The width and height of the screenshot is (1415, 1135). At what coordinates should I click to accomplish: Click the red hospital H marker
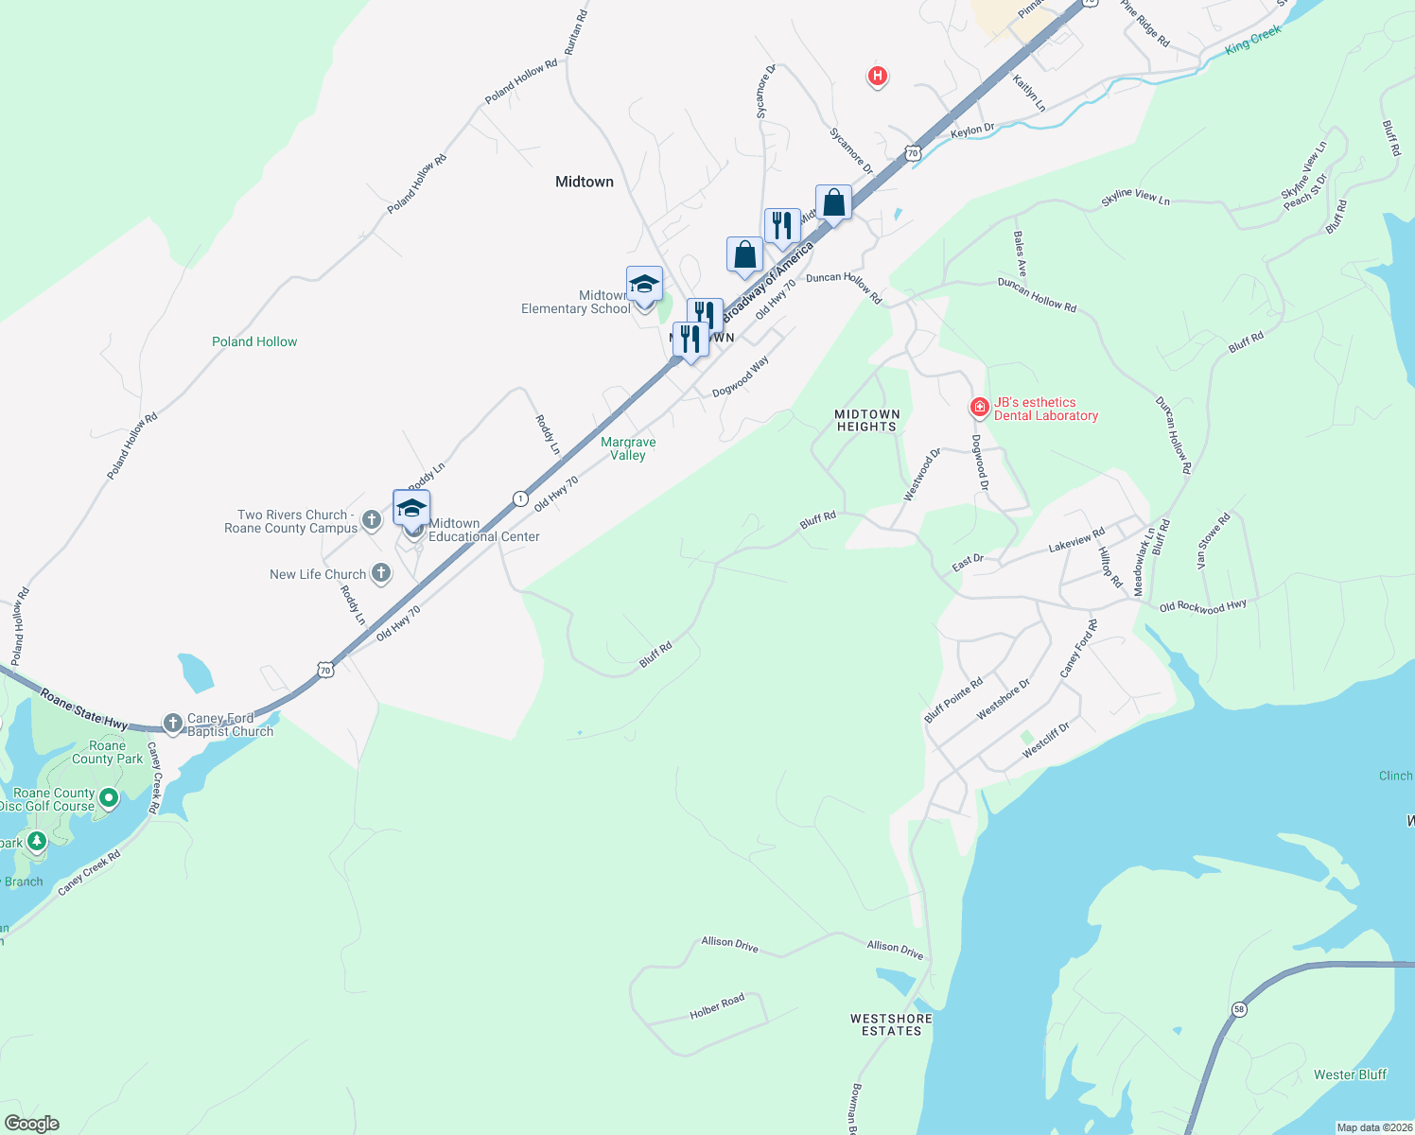point(878,76)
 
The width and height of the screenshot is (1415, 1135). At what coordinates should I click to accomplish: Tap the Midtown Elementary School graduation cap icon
point(644,285)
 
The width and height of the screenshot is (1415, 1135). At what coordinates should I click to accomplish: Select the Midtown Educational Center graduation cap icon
point(411,508)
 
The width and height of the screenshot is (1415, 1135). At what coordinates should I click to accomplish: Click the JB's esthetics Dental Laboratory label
point(1045,409)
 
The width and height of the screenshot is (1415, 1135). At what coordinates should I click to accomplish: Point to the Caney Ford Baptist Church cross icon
point(172,724)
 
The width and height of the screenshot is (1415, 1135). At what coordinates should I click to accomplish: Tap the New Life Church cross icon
point(380,573)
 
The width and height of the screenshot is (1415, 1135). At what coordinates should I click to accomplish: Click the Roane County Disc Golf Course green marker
point(109,799)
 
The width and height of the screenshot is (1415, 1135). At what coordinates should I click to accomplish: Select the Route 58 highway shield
point(1239,1009)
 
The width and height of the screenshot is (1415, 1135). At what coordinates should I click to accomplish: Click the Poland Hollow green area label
point(254,341)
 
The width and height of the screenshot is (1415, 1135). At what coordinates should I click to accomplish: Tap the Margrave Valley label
point(628,448)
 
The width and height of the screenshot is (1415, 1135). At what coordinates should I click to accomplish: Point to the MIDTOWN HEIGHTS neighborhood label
point(866,420)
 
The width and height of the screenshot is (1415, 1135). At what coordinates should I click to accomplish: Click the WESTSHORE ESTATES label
point(891,1024)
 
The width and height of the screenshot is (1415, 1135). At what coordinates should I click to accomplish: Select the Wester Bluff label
point(1350,1074)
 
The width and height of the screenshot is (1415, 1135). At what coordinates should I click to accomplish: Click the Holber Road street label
point(717,1006)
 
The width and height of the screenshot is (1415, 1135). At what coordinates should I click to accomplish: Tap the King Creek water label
point(1253,39)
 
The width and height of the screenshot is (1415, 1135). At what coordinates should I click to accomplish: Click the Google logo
point(32,1124)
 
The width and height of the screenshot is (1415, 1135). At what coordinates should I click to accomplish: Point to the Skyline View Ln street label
point(1135,197)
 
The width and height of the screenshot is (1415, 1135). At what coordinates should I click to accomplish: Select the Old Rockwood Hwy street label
point(1203,606)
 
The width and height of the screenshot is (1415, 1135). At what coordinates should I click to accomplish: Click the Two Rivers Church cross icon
point(372,518)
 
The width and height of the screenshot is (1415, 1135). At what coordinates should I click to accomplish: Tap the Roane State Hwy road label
point(84,709)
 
